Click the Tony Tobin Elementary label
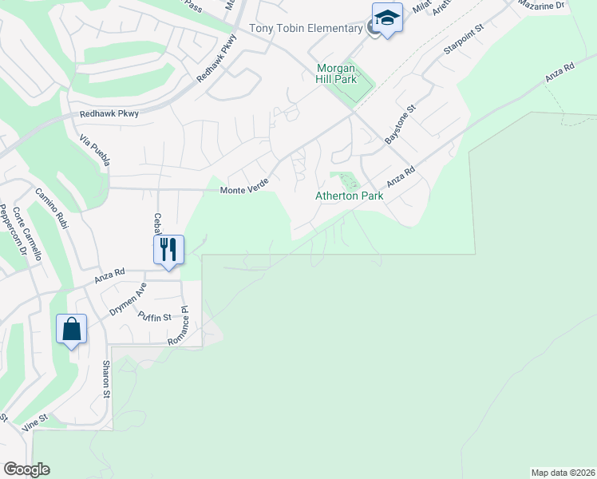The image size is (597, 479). coord(306,29)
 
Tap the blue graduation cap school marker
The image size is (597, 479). coord(387,18)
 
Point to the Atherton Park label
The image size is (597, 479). coord(350,196)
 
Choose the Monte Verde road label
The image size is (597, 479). coord(244,189)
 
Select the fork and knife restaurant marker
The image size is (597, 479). coord(169,249)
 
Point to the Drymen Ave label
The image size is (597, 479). coord(128,300)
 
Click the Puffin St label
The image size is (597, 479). coord(154,317)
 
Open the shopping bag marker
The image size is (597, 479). coord(72,329)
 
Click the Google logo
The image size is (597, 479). coord(26,469)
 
